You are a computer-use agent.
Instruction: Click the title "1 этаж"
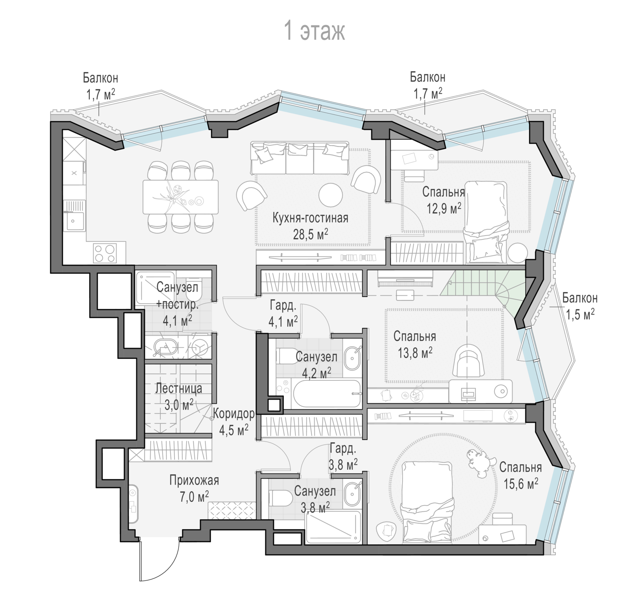click(315, 31)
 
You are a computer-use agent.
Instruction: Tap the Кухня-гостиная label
click(310, 218)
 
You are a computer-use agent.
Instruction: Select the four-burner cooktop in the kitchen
click(104, 253)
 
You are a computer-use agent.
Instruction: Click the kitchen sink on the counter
click(74, 221)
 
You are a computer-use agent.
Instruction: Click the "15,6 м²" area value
click(521, 484)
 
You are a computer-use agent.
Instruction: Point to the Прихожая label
click(194, 481)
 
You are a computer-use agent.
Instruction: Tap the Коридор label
click(234, 414)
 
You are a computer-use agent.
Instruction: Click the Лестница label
click(179, 388)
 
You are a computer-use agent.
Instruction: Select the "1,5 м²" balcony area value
click(580, 314)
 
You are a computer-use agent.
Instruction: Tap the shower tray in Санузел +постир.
click(155, 288)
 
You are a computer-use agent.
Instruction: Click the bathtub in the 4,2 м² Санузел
click(327, 393)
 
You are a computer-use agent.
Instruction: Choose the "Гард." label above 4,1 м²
click(283, 306)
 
